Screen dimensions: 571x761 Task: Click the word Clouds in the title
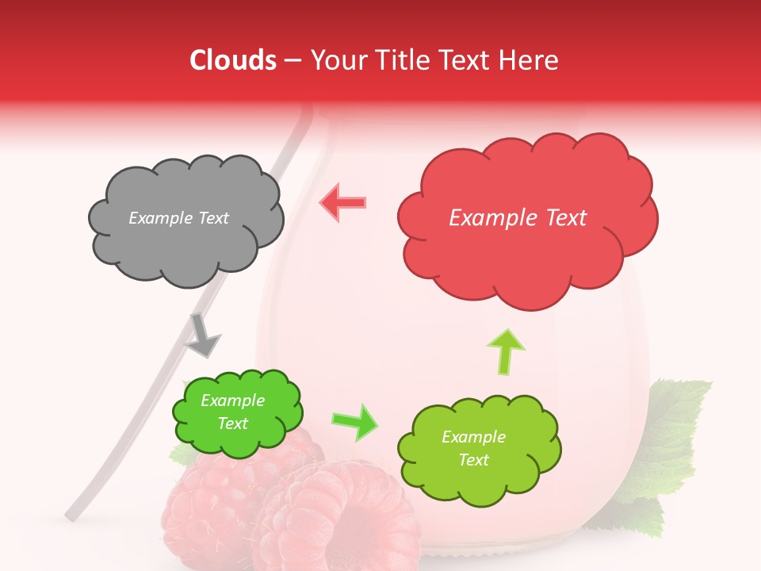click(233, 60)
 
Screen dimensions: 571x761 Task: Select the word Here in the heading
click(531, 60)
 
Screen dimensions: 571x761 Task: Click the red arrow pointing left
click(342, 203)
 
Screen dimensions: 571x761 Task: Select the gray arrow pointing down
click(202, 335)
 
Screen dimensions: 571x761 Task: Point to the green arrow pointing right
click(354, 422)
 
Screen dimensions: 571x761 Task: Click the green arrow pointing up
click(506, 351)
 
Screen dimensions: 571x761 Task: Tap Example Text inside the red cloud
click(518, 218)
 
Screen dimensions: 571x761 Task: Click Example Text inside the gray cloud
click(178, 218)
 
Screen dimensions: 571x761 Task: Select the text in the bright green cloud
click(233, 412)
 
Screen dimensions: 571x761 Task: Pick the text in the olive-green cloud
click(473, 448)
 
